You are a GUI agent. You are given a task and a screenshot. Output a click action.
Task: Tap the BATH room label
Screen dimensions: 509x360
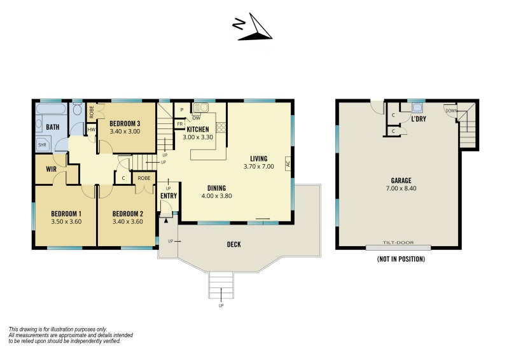pyautogui.click(x=53, y=127)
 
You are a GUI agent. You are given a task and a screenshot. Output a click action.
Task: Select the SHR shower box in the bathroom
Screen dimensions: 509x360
pyautogui.click(x=43, y=144)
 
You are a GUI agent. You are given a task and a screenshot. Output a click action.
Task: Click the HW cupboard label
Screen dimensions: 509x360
pyautogui.click(x=92, y=130)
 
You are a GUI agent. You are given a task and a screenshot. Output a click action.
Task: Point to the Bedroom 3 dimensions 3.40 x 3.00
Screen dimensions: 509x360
pyautogui.click(x=125, y=132)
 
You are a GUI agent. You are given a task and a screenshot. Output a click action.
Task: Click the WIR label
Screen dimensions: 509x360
pyautogui.click(x=52, y=169)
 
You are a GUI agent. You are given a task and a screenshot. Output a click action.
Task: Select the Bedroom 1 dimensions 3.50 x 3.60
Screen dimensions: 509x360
pyautogui.click(x=66, y=222)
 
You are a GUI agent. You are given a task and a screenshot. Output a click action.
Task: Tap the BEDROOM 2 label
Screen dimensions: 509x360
pyautogui.click(x=128, y=214)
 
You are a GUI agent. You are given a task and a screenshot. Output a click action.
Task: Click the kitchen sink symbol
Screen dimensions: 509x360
pyautogui.click(x=200, y=107)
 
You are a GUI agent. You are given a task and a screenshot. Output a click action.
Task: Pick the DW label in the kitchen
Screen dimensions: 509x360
pyautogui.click(x=197, y=118)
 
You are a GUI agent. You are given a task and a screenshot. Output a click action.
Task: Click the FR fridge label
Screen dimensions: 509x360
pyautogui.click(x=180, y=124)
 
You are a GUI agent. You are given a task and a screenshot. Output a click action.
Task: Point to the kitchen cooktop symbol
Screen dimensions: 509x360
pyautogui.click(x=221, y=127)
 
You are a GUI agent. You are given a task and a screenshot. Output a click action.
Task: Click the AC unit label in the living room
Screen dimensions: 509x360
pyautogui.click(x=288, y=163)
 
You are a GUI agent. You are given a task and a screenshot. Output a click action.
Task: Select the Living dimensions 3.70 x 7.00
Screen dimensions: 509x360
pyautogui.click(x=259, y=167)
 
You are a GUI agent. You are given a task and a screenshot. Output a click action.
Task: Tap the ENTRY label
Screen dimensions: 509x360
pyautogui.click(x=169, y=196)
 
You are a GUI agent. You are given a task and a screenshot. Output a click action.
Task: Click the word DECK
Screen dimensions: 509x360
pyautogui.click(x=234, y=244)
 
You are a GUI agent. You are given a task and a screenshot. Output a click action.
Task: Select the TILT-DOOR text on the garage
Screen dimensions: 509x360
pyautogui.click(x=398, y=242)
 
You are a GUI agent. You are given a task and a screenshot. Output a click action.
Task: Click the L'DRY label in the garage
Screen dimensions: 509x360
pyautogui.click(x=419, y=119)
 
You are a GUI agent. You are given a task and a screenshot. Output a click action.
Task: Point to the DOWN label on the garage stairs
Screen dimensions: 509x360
pyautogui.click(x=451, y=111)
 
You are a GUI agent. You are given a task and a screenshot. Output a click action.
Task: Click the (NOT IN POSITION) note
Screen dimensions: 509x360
pyautogui.click(x=401, y=259)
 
